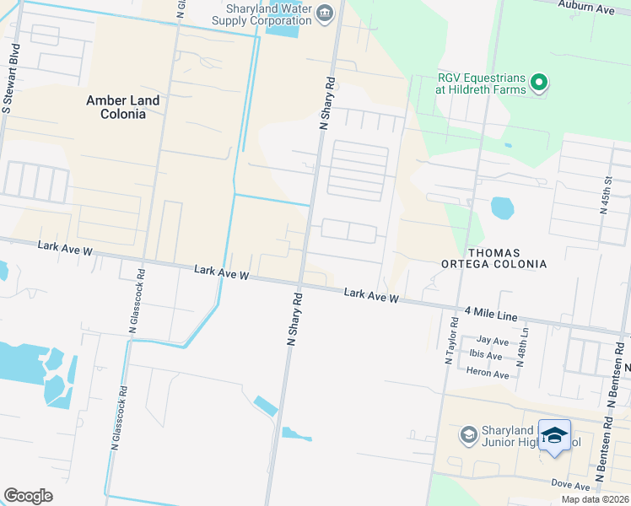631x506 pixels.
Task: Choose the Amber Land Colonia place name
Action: [x=123, y=106]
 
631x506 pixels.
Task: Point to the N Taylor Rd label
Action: [x=451, y=341]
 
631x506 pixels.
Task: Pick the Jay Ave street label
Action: [x=493, y=342]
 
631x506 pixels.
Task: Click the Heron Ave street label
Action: [x=489, y=374]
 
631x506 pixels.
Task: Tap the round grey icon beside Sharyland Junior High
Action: [x=468, y=435]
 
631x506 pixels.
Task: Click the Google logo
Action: [x=28, y=495]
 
